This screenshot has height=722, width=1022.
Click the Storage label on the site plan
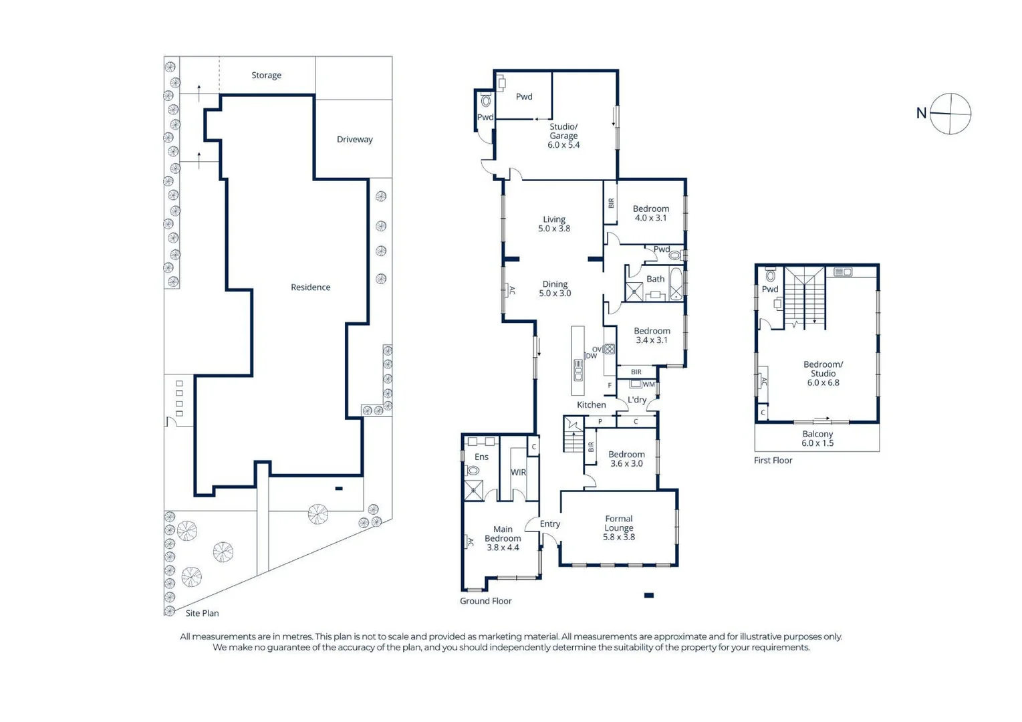[266, 76]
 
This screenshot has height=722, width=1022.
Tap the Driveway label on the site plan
[354, 140]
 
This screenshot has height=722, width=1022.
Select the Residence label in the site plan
[310, 287]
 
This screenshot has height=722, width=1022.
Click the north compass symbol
[950, 114]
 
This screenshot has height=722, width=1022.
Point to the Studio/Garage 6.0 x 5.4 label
[563, 136]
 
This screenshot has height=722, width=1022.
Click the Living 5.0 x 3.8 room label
[554, 224]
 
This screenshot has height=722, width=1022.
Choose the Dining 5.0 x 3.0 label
[555, 289]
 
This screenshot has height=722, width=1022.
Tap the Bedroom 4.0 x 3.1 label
[650, 213]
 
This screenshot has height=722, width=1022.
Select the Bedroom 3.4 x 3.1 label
[652, 336]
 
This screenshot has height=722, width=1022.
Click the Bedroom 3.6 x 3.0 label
[626, 459]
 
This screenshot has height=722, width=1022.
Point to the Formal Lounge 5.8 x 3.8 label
[618, 527]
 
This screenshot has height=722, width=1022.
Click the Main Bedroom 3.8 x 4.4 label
[503, 538]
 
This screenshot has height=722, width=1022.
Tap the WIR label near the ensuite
[519, 473]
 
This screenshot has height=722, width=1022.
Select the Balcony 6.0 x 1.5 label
[817, 439]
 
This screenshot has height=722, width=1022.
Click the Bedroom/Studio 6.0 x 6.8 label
[823, 374]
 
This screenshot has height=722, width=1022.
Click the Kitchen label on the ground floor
[591, 405]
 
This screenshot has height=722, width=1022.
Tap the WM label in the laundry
[648, 384]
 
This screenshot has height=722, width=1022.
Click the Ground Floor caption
[485, 601]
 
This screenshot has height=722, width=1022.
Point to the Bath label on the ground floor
[655, 279]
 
